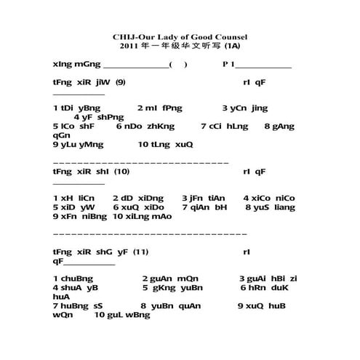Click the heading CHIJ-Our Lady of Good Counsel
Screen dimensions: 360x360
pos(180,36)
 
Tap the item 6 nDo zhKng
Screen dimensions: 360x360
pos(145,126)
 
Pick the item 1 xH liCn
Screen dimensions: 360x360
pos(74,198)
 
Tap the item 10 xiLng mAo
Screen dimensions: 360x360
pos(143,217)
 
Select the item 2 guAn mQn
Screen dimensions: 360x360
pos(169,279)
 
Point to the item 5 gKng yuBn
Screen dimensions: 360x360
pos(172,288)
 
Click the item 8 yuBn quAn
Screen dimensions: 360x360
pos(170,306)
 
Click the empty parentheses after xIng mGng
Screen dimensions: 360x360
pos(178,64)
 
